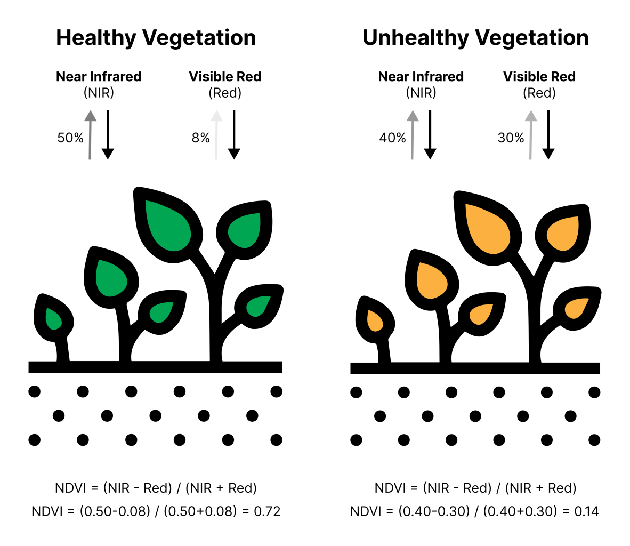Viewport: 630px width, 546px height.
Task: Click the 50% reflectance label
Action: click(x=70, y=138)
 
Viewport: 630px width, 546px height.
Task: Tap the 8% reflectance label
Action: click(x=201, y=138)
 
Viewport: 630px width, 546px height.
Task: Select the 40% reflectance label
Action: click(x=393, y=138)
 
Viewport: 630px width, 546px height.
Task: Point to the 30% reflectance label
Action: click(x=511, y=138)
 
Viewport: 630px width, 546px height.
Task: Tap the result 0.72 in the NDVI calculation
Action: click(x=267, y=511)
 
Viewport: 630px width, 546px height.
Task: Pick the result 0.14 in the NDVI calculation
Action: click(x=586, y=511)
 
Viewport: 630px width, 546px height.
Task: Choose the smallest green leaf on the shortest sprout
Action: click(x=53, y=319)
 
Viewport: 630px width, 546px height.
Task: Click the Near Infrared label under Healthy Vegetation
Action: click(x=99, y=77)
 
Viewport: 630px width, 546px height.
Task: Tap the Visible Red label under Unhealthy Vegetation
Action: click(x=539, y=77)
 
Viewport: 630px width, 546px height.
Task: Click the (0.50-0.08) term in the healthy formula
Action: click(x=115, y=511)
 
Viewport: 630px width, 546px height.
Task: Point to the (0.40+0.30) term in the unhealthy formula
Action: click(x=516, y=511)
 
